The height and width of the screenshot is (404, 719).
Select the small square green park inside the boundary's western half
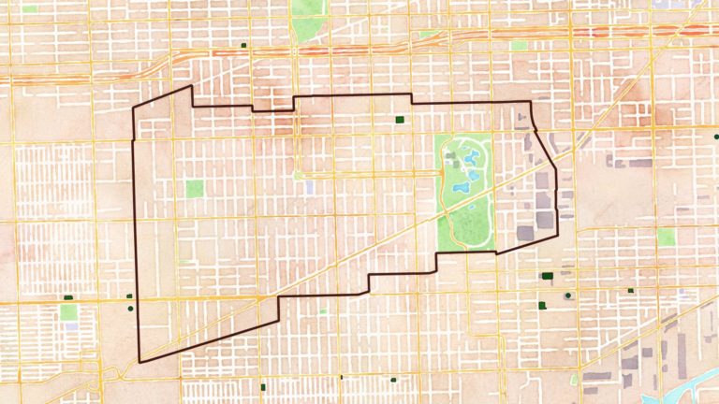[194, 188]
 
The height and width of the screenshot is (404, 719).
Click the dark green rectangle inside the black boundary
[400, 120]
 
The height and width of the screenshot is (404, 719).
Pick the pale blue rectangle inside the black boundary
[310, 187]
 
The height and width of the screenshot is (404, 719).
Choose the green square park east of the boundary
[666, 237]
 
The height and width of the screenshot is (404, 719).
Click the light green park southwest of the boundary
[68, 310]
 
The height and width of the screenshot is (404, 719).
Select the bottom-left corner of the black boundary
[139, 361]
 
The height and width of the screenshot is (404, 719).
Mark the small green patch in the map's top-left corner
[30, 8]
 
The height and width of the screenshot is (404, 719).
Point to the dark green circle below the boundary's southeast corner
[568, 296]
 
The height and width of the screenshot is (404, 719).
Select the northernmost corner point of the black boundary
[192, 86]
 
